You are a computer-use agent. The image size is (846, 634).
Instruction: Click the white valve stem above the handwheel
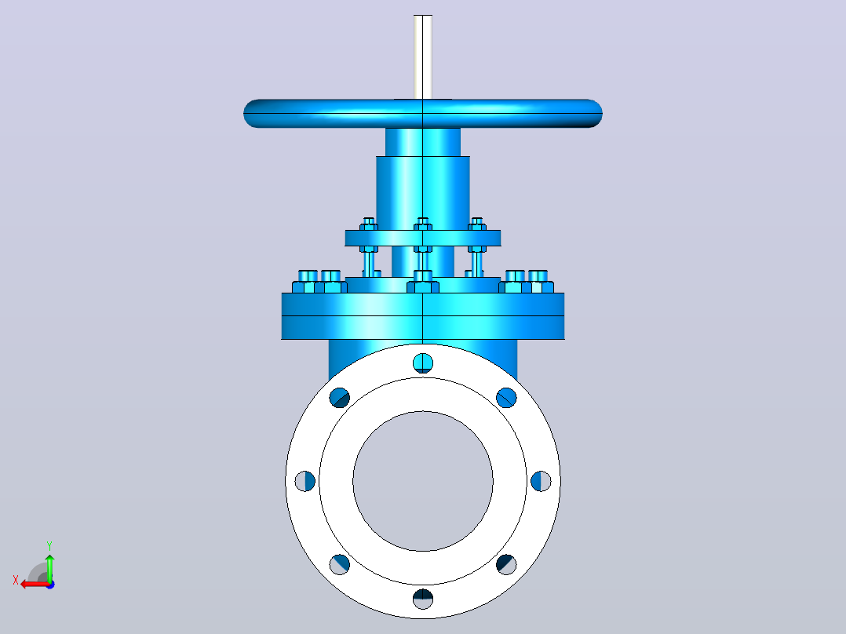[423, 56]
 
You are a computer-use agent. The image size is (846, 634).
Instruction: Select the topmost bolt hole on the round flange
[423, 363]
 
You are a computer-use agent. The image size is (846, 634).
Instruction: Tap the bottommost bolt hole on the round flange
[423, 599]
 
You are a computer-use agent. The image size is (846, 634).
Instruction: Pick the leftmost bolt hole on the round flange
[304, 481]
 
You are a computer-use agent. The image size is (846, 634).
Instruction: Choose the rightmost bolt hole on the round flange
[542, 481]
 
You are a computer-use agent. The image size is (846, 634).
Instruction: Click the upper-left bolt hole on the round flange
[339, 398]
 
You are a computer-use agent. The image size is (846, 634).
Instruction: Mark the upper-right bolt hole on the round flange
[507, 398]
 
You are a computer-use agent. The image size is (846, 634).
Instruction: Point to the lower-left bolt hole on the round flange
[339, 565]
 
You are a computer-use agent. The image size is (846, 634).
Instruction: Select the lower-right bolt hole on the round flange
[507, 565]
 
